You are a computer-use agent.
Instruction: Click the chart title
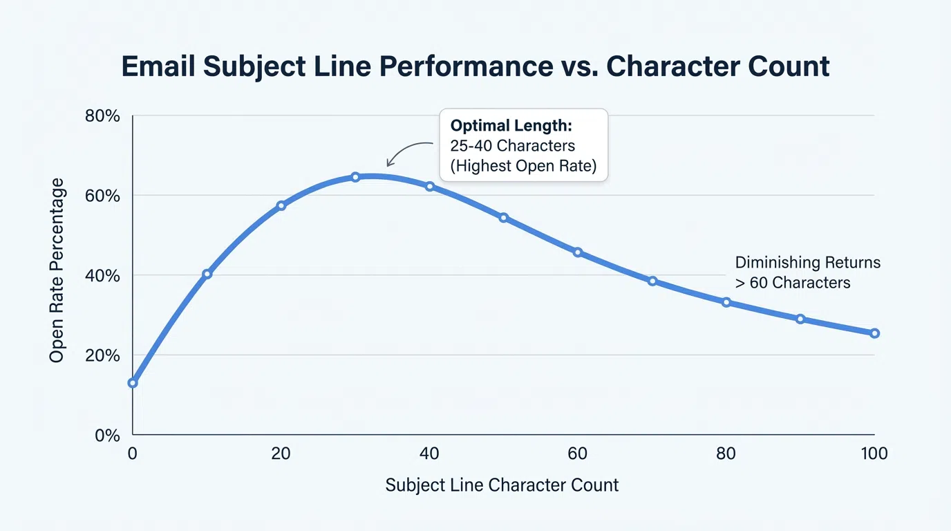pos(475,66)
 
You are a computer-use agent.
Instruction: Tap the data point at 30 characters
pos(355,177)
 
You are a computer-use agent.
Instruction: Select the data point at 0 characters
pos(133,383)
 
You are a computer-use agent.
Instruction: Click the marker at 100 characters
pos(874,333)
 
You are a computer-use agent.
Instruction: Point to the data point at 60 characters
pos(578,252)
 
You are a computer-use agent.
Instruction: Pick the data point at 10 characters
pos(207,274)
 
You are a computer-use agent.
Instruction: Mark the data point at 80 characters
pos(726,302)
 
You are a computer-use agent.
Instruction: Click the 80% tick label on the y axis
pos(102,116)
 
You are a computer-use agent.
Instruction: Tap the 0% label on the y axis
pos(107,436)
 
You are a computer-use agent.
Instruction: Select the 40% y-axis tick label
pos(102,276)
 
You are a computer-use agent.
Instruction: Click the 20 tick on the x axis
pos(281,454)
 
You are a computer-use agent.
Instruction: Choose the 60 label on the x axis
pos(578,454)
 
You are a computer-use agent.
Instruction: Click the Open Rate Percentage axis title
pos(57,270)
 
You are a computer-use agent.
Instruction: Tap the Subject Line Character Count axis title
pos(502,485)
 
